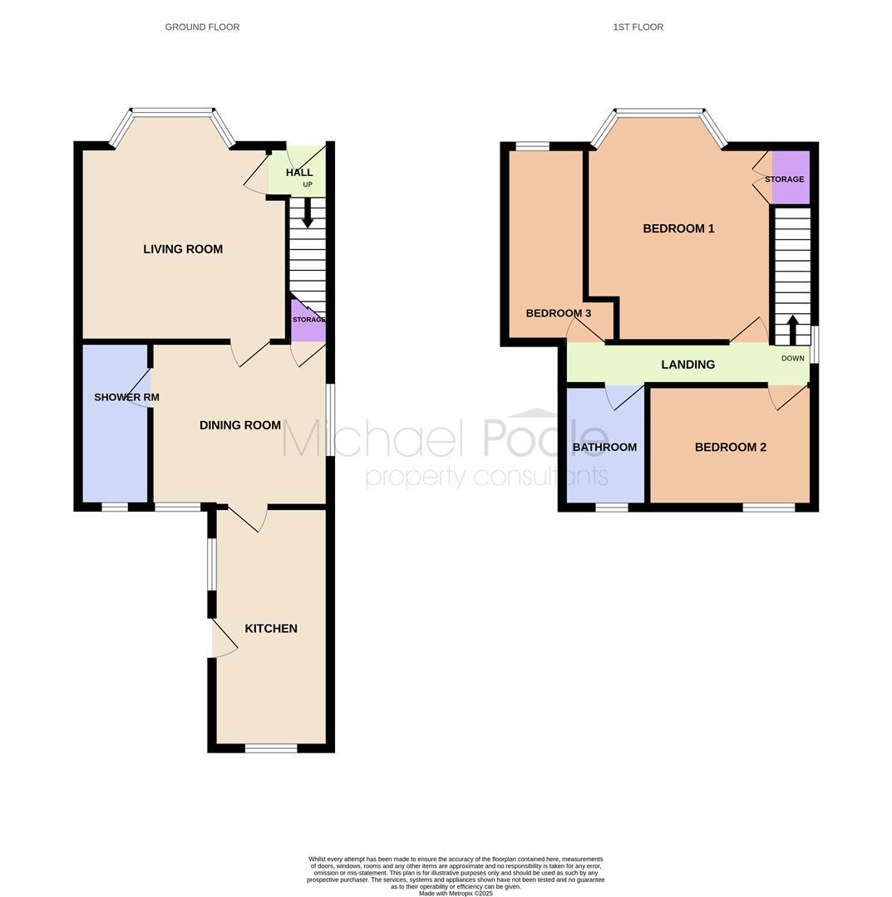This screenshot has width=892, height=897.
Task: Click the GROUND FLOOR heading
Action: point(202,27)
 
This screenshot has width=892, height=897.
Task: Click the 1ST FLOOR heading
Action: point(638,27)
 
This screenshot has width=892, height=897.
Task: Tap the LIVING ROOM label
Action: point(183,249)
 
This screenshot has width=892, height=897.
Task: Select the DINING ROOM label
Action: point(240,425)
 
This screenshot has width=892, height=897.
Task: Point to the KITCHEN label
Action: point(271,628)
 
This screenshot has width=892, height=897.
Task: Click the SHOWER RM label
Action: point(126,397)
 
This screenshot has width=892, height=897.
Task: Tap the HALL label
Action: point(299,172)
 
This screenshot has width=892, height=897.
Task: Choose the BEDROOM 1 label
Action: point(678,228)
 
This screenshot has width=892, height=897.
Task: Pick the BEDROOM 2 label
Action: point(731,447)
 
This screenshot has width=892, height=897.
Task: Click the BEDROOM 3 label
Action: point(558,313)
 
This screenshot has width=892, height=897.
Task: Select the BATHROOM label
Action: point(604,447)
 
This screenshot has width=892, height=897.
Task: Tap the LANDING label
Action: point(687,365)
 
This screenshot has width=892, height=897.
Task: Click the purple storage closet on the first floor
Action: point(791,177)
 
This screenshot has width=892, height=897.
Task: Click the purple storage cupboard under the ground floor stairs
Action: point(308,321)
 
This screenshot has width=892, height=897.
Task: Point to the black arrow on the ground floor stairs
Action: point(308,213)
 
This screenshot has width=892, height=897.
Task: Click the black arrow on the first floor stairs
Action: point(793,330)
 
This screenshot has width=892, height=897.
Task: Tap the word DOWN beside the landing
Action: point(793,358)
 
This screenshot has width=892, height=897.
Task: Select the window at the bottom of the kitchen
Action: point(271,747)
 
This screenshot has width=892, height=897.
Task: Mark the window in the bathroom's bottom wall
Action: point(612,507)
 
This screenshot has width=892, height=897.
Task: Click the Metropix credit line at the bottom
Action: point(456,893)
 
